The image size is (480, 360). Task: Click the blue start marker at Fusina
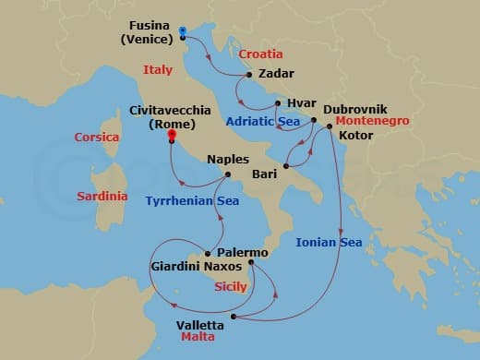pyautogui.click(x=183, y=31)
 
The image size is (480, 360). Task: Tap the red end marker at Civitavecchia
pyautogui.click(x=171, y=136)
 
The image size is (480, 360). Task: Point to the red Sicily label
pyautogui.click(x=230, y=287)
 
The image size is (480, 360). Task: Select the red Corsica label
pyautogui.click(x=98, y=138)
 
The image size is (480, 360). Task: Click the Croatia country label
pyautogui.click(x=260, y=54)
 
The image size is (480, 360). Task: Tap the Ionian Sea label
pyautogui.click(x=328, y=243)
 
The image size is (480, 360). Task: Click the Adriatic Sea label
pyautogui.click(x=266, y=121)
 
